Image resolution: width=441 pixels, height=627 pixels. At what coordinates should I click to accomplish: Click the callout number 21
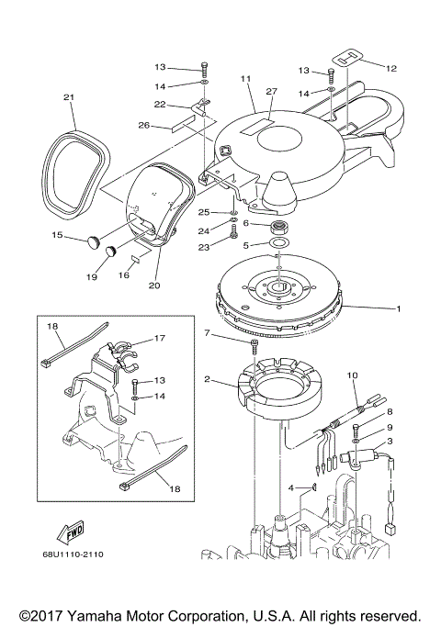[68, 97]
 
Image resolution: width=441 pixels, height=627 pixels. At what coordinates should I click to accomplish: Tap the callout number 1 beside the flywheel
[399, 309]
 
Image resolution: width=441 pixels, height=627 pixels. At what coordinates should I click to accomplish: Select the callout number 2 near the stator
[208, 378]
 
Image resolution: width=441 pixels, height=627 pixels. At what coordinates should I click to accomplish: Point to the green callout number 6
[245, 225]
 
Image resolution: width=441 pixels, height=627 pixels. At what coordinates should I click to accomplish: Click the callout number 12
[393, 68]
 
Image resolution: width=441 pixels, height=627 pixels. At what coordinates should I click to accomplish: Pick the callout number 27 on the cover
[271, 91]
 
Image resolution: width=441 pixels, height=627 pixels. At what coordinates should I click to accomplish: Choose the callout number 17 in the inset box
[159, 339]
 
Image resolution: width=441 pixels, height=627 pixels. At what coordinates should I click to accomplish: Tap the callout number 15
[56, 236]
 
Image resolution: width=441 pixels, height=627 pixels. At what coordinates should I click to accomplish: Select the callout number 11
[245, 80]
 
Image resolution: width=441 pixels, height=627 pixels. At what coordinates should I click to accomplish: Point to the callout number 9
[389, 427]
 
